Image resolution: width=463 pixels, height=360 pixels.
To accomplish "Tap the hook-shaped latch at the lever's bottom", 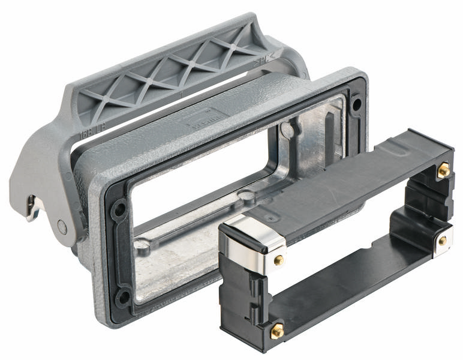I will (33, 207).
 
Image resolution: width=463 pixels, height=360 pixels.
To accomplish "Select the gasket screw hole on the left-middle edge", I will (120, 210).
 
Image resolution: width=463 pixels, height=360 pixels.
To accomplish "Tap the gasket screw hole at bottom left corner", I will (123, 296).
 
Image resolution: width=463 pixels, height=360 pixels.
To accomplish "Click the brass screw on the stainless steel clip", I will (279, 260).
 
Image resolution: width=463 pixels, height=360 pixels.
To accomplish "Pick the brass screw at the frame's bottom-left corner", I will (277, 329).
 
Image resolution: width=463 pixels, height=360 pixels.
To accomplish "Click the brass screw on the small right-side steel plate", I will (443, 240).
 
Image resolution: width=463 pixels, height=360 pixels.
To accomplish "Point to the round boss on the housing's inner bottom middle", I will (246, 195).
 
